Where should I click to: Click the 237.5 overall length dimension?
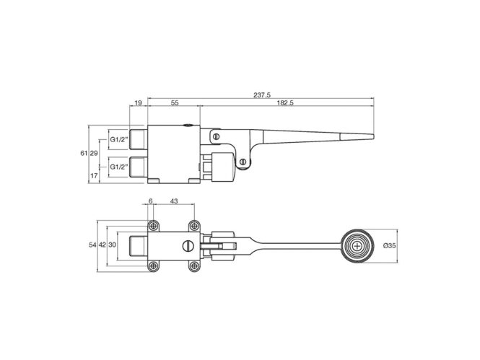coord(262,95)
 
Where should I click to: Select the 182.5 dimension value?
coord(285,102)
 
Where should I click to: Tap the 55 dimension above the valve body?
coord(175,102)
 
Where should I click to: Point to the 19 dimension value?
coord(139,102)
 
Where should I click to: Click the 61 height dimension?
coord(84,153)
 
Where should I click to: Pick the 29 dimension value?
coord(94,153)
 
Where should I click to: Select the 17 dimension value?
coord(94,176)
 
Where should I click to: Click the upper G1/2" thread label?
coord(119,139)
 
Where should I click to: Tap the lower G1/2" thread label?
coord(119,167)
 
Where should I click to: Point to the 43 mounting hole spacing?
coord(174,201)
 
